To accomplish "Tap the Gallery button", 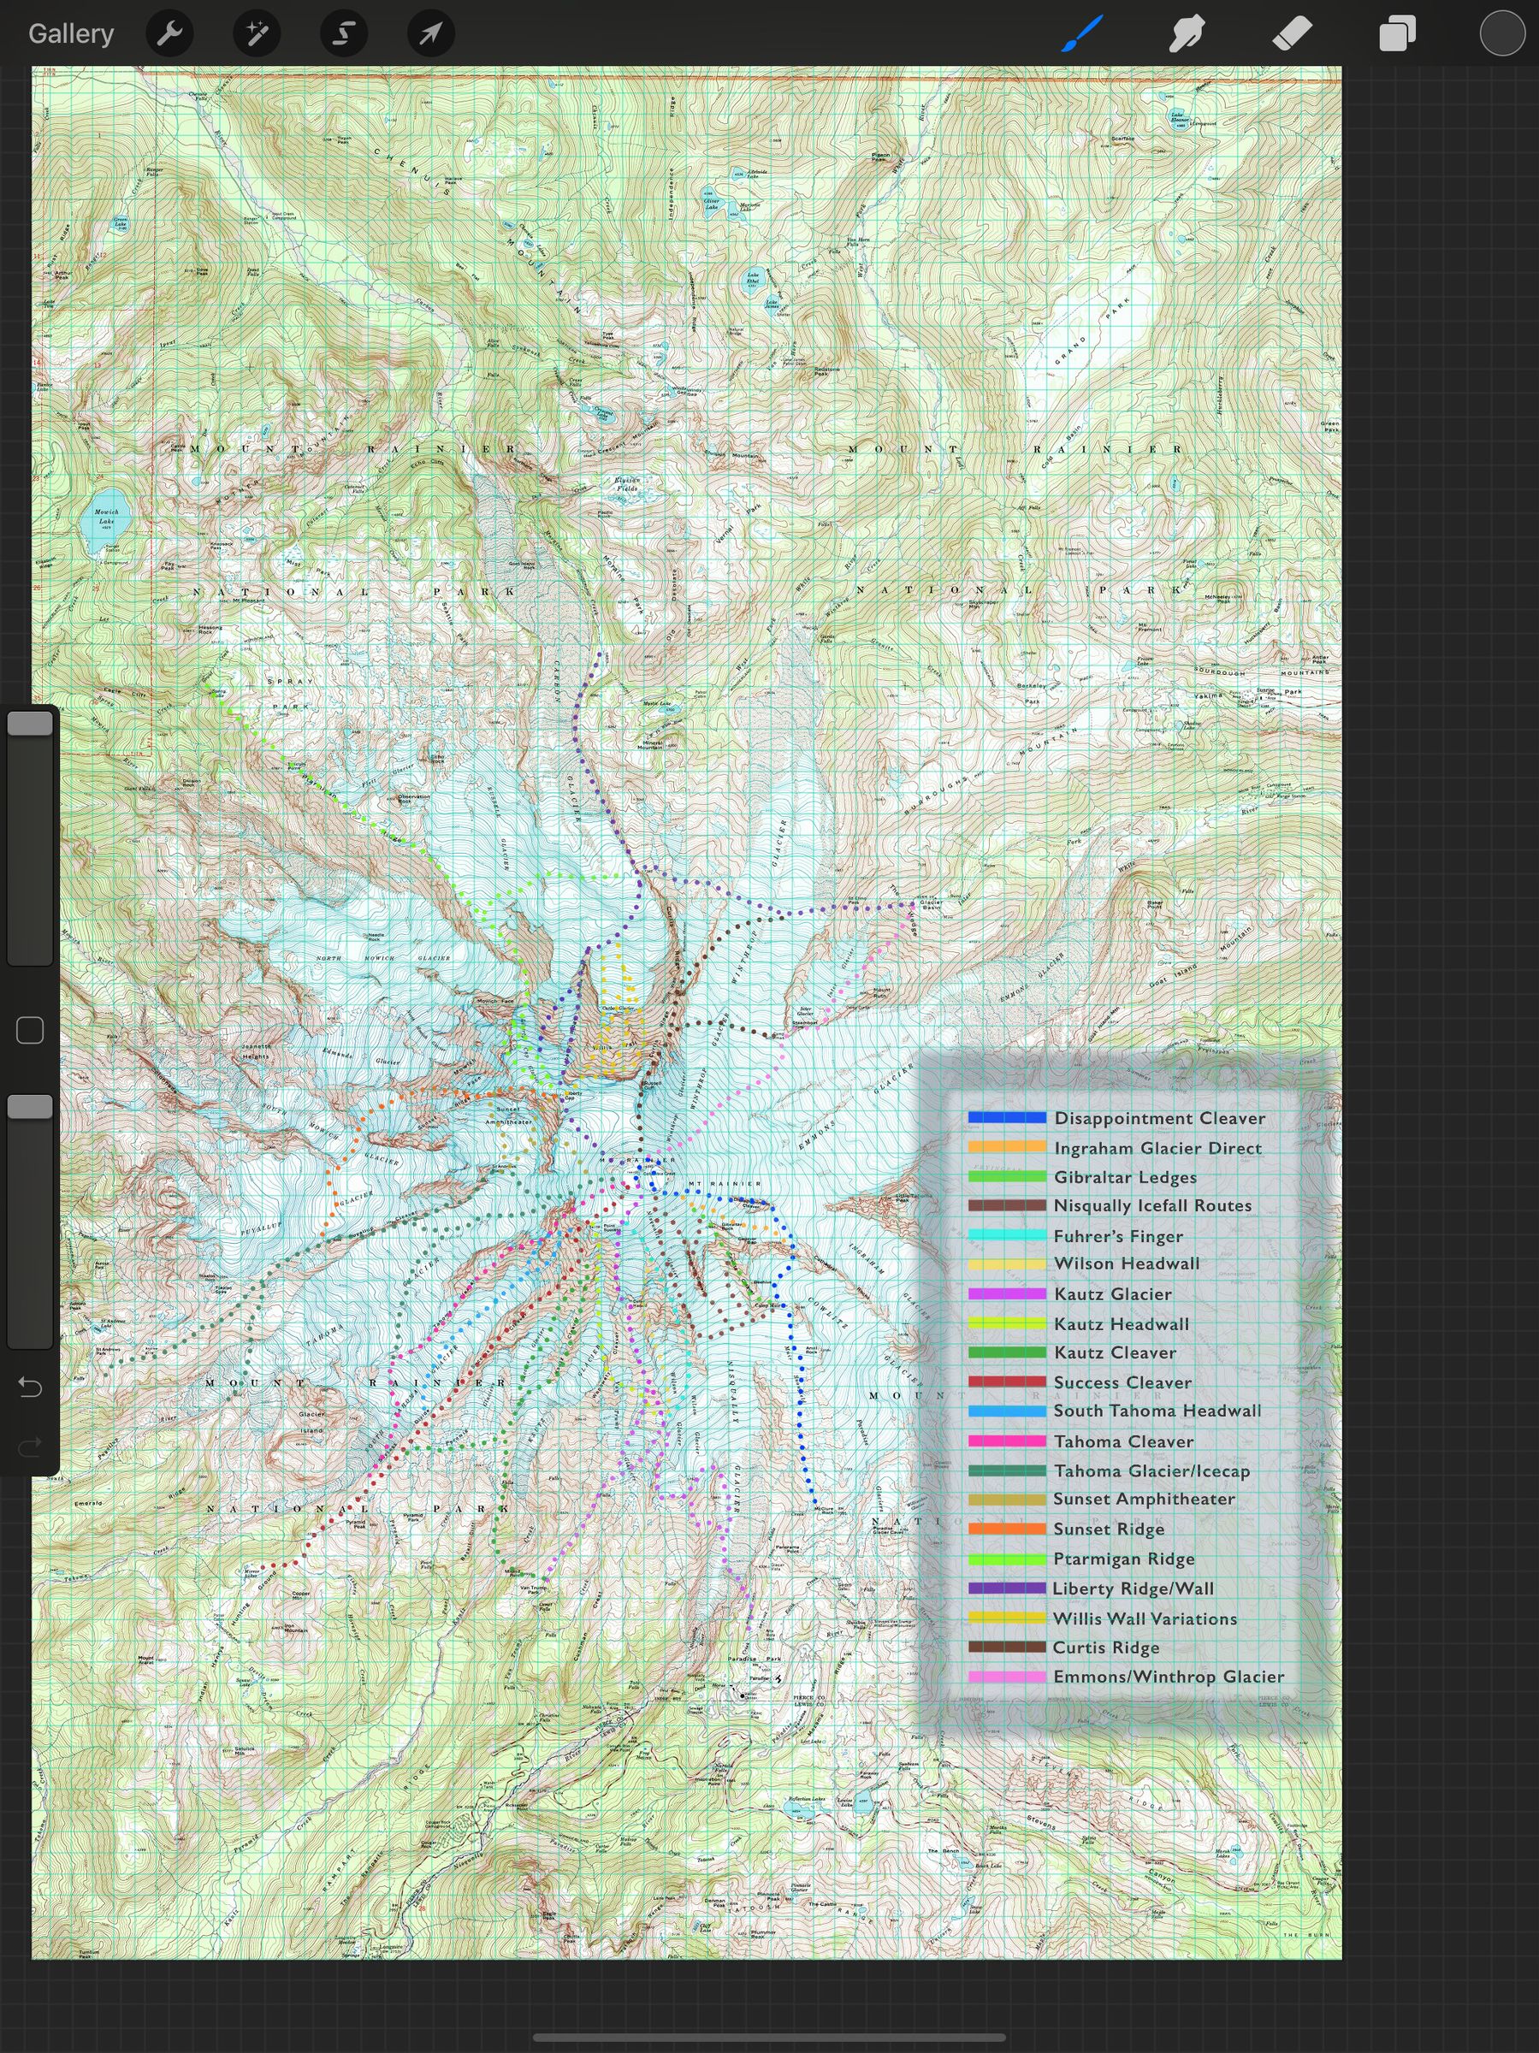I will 70,33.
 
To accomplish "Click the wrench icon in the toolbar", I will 170,34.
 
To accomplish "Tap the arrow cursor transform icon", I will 430,34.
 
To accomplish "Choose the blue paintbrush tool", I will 1082,34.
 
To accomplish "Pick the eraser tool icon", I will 1292,34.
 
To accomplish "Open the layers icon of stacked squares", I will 1397,34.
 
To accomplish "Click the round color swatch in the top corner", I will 1501,34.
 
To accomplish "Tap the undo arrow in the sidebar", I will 30,1387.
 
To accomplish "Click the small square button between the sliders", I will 30,1030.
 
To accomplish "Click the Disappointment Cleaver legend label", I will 1159,1118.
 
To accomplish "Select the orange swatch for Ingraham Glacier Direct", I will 1006,1147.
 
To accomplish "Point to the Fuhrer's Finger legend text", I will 1117,1236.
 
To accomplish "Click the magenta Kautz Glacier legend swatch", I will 1006,1293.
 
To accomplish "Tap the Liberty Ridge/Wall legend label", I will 1133,1588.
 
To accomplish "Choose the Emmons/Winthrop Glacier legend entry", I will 1168,1676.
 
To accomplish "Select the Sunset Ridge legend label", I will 1109,1529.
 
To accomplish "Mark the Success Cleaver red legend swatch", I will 1006,1381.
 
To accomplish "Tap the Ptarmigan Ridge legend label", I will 1123,1559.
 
